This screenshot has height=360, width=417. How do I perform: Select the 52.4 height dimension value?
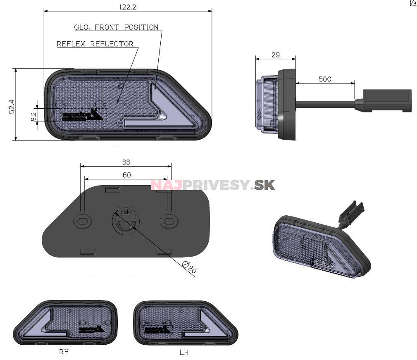tap(12, 106)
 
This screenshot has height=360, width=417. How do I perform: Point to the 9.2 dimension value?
tap(33, 117)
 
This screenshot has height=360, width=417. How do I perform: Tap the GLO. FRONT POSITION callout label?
tap(116, 27)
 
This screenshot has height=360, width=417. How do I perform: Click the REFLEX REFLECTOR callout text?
tap(95, 44)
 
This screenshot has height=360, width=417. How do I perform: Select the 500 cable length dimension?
tap(325, 79)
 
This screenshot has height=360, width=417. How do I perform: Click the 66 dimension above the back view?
tap(126, 162)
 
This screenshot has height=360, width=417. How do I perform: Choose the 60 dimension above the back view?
tap(126, 175)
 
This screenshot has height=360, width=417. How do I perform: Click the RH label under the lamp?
tap(64, 352)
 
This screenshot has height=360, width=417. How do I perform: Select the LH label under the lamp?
tap(184, 353)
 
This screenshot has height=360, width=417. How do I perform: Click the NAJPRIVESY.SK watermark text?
tap(213, 185)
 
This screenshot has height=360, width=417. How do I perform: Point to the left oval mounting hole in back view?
tap(83, 221)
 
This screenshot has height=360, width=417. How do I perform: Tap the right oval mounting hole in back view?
tap(168, 221)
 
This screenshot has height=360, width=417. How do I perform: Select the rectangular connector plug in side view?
tap(387, 100)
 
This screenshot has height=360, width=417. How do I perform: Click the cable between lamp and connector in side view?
tap(325, 104)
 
